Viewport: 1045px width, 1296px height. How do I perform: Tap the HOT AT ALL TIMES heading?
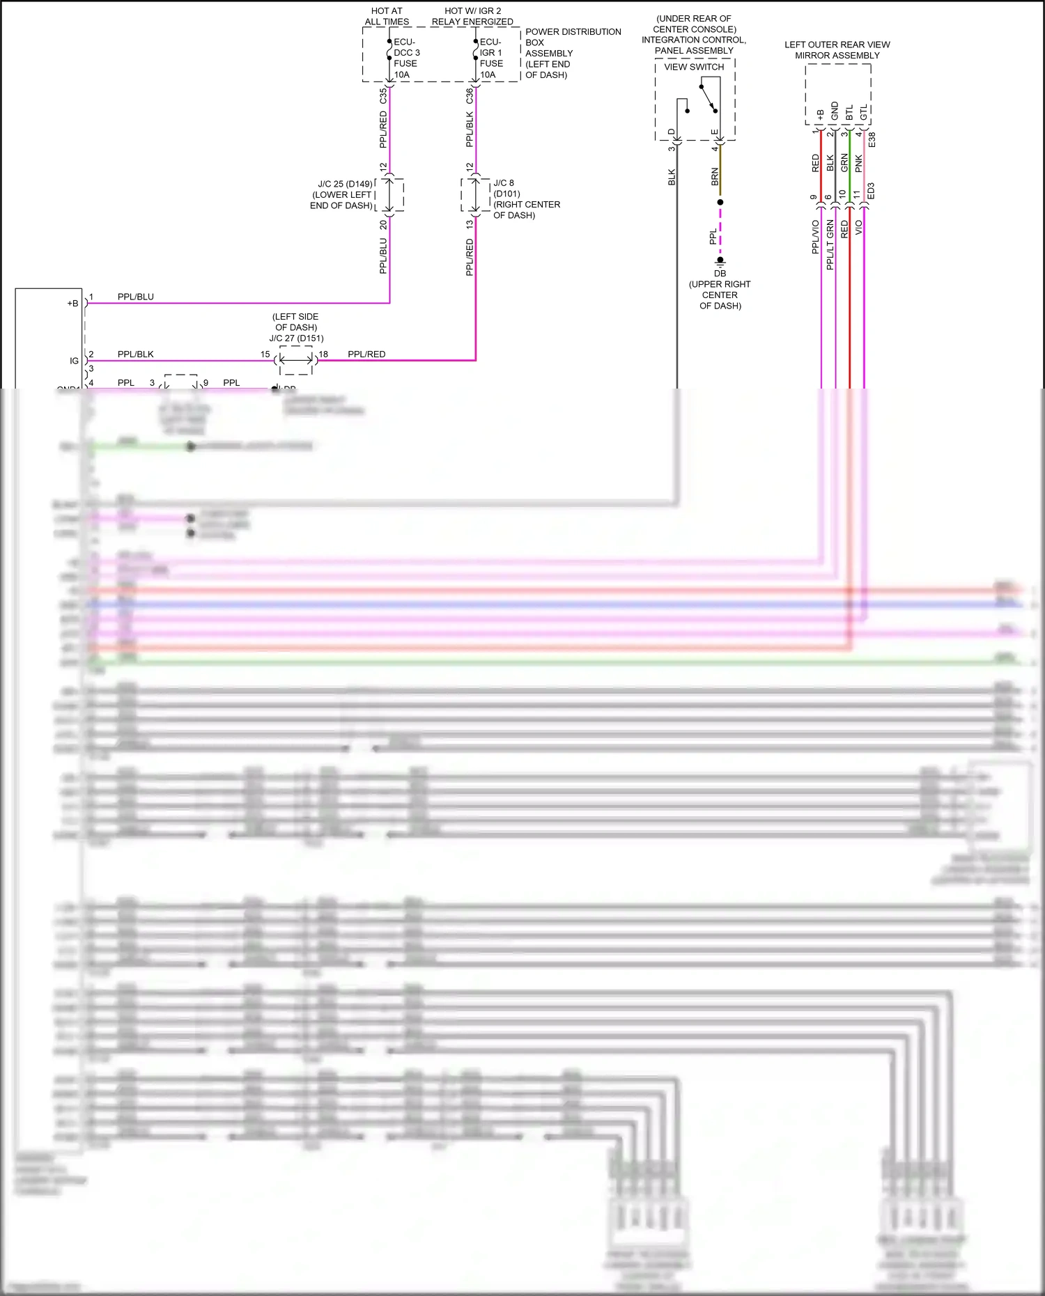tap(387, 16)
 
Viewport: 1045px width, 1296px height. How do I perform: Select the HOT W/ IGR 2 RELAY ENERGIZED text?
tap(472, 16)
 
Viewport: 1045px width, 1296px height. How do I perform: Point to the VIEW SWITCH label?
tap(693, 67)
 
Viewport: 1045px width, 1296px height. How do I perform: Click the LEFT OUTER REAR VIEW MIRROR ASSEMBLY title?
tap(837, 49)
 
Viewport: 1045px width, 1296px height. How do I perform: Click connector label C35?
tap(383, 96)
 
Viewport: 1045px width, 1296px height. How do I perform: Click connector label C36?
tap(470, 96)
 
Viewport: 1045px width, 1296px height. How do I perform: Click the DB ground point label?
tap(720, 274)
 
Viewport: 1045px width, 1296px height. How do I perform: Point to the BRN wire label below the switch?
tap(715, 176)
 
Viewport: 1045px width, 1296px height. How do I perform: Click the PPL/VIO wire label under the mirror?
tap(815, 237)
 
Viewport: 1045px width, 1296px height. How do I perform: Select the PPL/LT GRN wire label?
tap(830, 244)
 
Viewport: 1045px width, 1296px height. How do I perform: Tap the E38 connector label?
tap(872, 139)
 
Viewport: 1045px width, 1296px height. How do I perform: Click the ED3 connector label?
tap(871, 192)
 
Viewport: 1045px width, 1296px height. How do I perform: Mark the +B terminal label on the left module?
tap(72, 304)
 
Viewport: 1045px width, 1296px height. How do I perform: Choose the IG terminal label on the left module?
tap(74, 361)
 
